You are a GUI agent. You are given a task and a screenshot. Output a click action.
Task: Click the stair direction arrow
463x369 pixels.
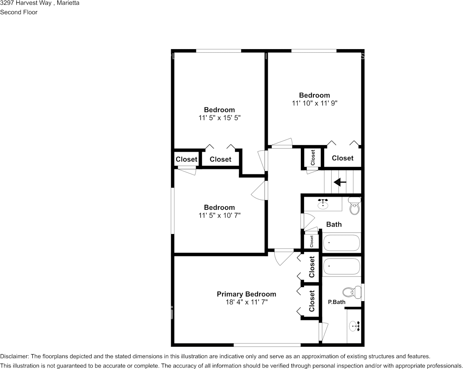(x=340, y=182)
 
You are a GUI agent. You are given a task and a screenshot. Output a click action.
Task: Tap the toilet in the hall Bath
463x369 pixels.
(x=354, y=207)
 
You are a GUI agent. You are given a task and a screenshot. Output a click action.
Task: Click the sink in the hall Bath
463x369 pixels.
(x=323, y=204)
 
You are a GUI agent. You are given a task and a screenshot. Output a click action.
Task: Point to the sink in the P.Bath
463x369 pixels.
(x=355, y=325)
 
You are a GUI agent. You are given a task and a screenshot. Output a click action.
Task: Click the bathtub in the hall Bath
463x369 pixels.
(x=341, y=243)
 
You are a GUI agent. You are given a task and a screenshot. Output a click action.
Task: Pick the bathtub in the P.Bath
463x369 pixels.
(x=341, y=267)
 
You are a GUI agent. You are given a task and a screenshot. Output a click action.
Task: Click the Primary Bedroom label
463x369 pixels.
(x=246, y=294)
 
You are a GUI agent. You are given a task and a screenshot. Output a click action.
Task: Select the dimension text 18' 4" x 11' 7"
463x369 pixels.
(x=246, y=302)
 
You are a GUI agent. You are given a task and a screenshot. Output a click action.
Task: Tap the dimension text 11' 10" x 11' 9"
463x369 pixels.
(x=314, y=103)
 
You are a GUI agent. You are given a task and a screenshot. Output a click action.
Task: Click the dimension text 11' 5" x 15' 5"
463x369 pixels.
(x=219, y=117)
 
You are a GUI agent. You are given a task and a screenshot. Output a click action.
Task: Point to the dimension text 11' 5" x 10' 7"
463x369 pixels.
(x=219, y=215)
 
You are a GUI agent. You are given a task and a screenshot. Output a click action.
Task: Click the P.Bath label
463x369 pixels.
(x=336, y=302)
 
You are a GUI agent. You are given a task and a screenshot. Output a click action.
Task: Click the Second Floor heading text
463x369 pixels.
(x=19, y=12)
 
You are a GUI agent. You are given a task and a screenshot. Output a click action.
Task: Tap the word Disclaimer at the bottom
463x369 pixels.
(x=14, y=356)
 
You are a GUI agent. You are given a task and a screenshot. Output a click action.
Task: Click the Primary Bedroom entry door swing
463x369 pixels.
(x=282, y=258)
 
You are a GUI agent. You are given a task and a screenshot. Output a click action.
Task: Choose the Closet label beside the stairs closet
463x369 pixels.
(x=343, y=158)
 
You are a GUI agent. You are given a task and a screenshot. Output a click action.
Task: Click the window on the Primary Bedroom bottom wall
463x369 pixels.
(x=267, y=345)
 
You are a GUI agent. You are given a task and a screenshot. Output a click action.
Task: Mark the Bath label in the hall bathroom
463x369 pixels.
(x=334, y=224)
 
